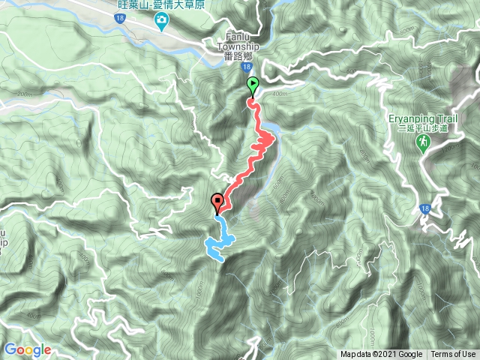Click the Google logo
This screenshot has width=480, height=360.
tap(27, 349)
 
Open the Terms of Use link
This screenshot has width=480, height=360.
tap(453, 355)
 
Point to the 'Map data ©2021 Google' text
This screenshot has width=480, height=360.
tap(381, 355)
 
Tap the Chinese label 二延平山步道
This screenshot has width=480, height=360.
tap(422, 128)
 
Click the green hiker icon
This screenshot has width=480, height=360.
tap(423, 142)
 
